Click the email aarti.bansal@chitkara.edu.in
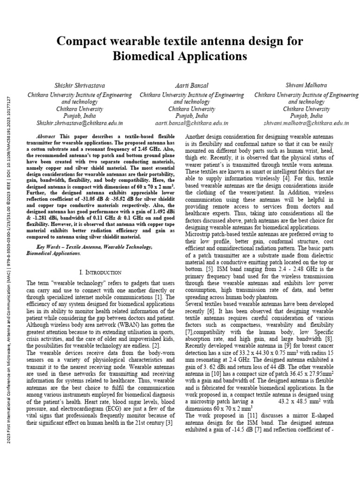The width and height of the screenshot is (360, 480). click(x=192, y=123)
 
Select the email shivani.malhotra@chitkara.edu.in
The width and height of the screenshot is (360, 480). click(x=307, y=123)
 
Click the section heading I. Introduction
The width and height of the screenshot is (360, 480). click(x=100, y=272)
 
